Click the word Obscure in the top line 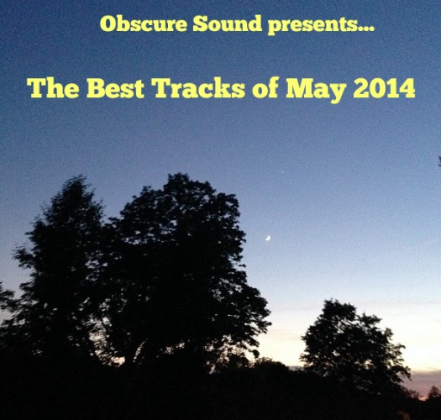[143, 24]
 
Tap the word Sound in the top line [228, 24]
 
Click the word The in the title [53, 87]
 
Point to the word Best [115, 87]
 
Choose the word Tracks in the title [199, 87]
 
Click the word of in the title [265, 87]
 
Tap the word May [316, 90]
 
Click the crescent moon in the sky [268, 239]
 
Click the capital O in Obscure [108, 24]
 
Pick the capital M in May [299, 87]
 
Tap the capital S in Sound [200, 24]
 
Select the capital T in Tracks [164, 87]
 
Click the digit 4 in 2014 [407, 87]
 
